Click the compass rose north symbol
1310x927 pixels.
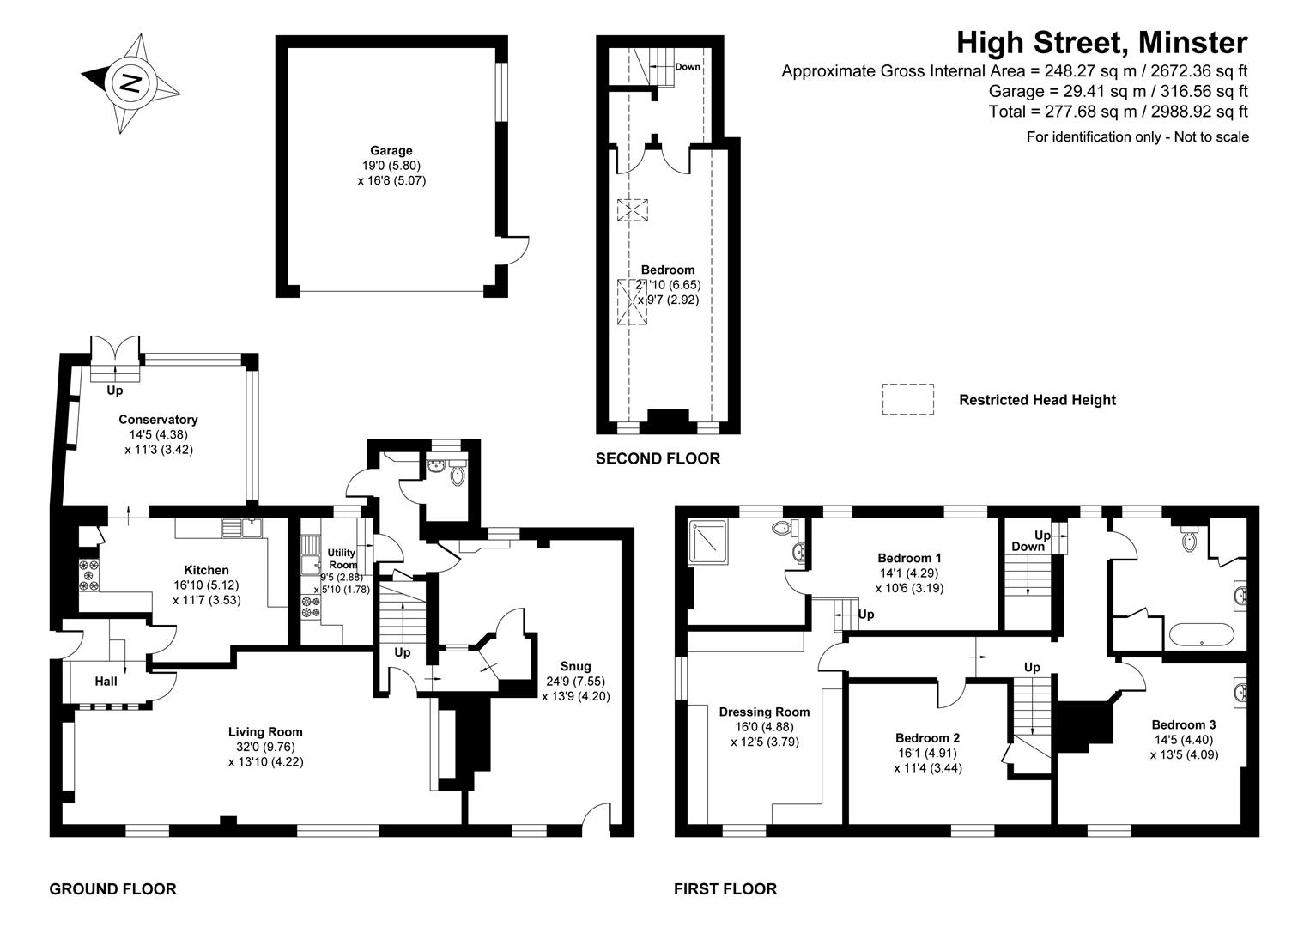[130, 83]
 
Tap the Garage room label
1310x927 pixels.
[391, 151]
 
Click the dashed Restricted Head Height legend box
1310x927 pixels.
[907, 399]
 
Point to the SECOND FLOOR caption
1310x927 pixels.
[658, 459]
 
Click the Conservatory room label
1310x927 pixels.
[158, 420]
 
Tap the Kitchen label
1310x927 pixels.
[206, 570]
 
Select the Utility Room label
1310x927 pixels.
[343, 559]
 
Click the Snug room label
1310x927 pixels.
[575, 666]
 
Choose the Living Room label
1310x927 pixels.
[265, 732]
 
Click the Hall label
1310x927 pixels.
[106, 682]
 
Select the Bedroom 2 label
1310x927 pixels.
[927, 738]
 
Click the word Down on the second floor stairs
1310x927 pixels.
[688, 67]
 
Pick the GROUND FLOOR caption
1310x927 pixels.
[112, 889]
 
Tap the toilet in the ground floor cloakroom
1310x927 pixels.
[458, 476]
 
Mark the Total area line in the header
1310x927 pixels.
[1118, 112]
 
